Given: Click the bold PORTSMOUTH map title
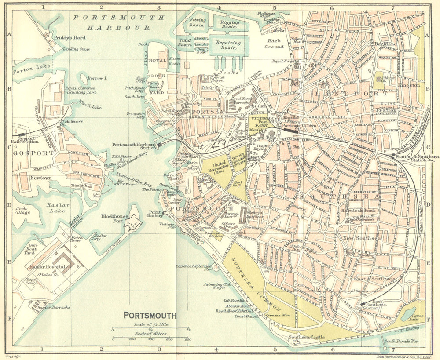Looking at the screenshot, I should [x=150, y=315].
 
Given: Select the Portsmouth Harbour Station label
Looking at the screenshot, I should [x=134, y=146].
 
